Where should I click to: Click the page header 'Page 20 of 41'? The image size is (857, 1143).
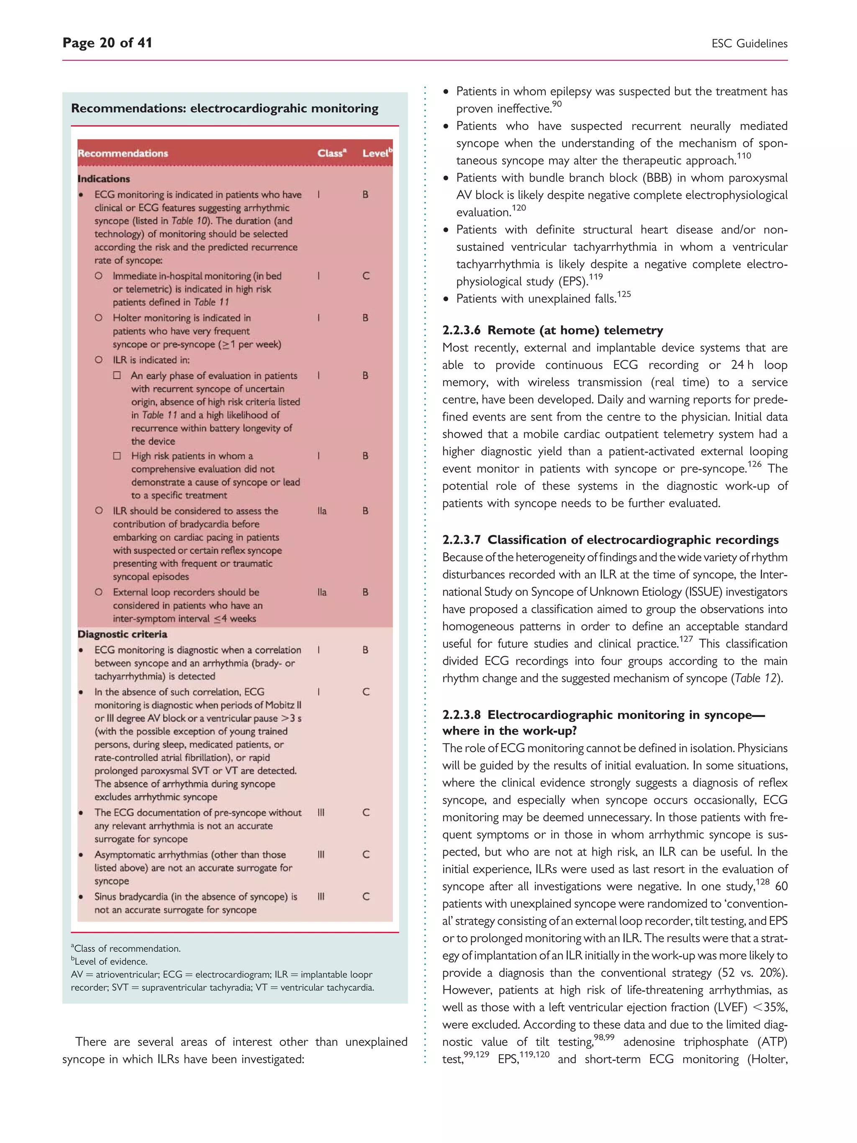click(107, 43)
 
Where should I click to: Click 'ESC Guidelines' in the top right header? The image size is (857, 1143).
click(749, 44)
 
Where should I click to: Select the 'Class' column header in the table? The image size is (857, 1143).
click(331, 153)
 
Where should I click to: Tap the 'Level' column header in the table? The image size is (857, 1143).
click(376, 153)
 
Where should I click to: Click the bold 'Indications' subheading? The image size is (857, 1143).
click(104, 179)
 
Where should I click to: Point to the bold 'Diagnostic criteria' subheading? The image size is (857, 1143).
click(123, 634)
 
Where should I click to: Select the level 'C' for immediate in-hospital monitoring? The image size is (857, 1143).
click(366, 276)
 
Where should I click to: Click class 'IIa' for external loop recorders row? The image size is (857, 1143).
click(322, 592)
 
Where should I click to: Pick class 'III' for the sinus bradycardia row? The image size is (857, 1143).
click(321, 896)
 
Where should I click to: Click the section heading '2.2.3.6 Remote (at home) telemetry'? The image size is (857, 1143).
click(552, 330)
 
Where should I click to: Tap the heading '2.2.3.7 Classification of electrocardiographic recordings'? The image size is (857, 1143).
click(610, 539)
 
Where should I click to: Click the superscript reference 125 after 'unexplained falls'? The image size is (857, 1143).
click(624, 294)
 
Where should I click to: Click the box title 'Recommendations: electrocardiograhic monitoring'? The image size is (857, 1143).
click(224, 108)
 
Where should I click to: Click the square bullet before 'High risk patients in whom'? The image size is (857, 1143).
click(117, 456)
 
